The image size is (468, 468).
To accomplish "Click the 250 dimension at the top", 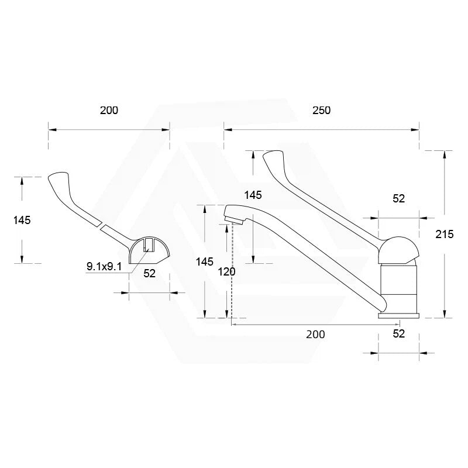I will pyautogui.click(x=321, y=111).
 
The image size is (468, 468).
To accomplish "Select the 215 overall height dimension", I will pyautogui.click(x=445, y=234).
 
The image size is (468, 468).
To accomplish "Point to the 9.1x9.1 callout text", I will pyautogui.click(x=104, y=267).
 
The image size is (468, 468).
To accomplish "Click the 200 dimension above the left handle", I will pyautogui.click(x=109, y=111).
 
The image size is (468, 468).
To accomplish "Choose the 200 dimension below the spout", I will pyautogui.click(x=315, y=334).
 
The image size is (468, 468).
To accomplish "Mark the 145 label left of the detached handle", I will pyautogui.click(x=21, y=220).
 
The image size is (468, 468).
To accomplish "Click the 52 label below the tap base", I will pyautogui.click(x=398, y=333).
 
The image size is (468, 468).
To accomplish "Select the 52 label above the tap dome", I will pyautogui.click(x=398, y=199).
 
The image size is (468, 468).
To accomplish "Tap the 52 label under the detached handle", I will pyautogui.click(x=149, y=273).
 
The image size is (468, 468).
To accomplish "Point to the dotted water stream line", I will pyautogui.click(x=232, y=269).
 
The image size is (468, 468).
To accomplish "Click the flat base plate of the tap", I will pyautogui.click(x=400, y=315).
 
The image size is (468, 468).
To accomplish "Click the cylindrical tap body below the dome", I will pyautogui.click(x=400, y=287).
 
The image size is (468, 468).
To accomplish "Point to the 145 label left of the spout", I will pyautogui.click(x=205, y=261).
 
